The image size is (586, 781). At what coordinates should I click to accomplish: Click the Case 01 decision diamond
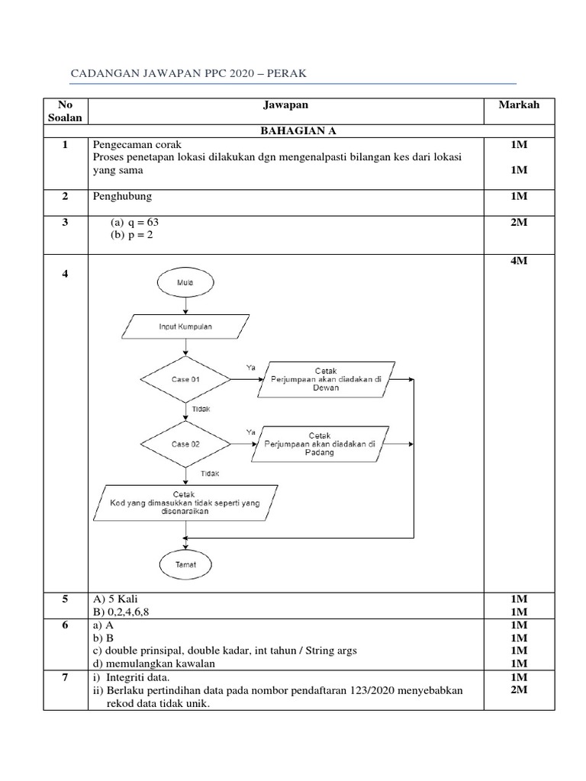click(x=185, y=379)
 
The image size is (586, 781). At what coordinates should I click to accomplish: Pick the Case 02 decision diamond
click(x=185, y=443)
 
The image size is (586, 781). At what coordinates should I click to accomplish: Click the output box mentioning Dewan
click(x=325, y=379)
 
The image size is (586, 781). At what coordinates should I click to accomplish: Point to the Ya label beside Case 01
click(x=250, y=368)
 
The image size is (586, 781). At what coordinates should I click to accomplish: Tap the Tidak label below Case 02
click(x=210, y=474)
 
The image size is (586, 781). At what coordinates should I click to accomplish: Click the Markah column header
click(x=519, y=105)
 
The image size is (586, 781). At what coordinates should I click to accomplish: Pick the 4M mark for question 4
click(x=519, y=262)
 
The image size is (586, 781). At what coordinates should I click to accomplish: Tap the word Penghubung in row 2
click(x=122, y=196)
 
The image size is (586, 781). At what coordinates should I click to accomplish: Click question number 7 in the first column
click(x=66, y=677)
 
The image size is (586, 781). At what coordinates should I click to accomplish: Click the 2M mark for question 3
click(x=519, y=222)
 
